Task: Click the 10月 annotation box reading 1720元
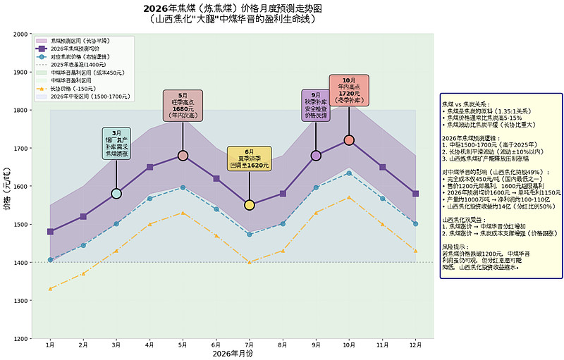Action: (x=349, y=91)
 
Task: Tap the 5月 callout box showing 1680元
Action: (x=183, y=106)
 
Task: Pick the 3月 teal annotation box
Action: (x=116, y=143)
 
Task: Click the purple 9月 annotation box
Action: (x=316, y=106)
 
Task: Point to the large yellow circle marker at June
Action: (x=249, y=205)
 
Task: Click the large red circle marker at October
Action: (x=349, y=140)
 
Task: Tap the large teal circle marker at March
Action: (x=116, y=194)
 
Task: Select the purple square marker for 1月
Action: (x=50, y=232)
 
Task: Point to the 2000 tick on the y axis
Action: (x=20, y=34)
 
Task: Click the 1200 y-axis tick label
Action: (x=20, y=339)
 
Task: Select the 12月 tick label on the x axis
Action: (x=415, y=346)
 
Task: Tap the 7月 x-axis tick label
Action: (x=249, y=346)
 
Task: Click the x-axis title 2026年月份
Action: (x=233, y=354)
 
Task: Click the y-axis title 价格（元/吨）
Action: (x=6, y=187)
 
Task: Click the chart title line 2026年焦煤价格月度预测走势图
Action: (x=233, y=8)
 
